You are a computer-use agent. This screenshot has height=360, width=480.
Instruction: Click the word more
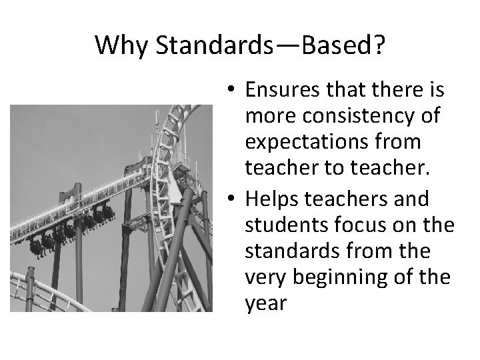pyautogui.click(x=269, y=117)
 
